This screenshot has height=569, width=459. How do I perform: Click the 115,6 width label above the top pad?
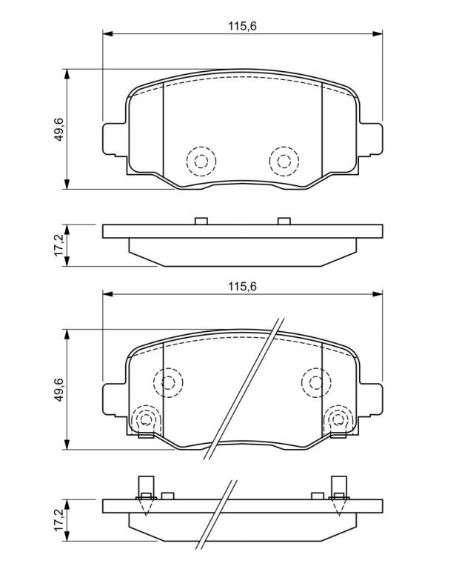[x=242, y=26]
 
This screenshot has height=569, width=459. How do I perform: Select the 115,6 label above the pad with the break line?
[x=242, y=287]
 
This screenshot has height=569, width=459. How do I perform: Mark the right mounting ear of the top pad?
[x=371, y=140]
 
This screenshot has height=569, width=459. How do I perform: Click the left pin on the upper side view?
[x=201, y=221]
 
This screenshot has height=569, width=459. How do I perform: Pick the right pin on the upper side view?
[x=284, y=221]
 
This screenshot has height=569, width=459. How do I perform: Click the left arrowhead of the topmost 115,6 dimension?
[x=108, y=34]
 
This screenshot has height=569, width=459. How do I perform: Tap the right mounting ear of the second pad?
[x=371, y=400]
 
